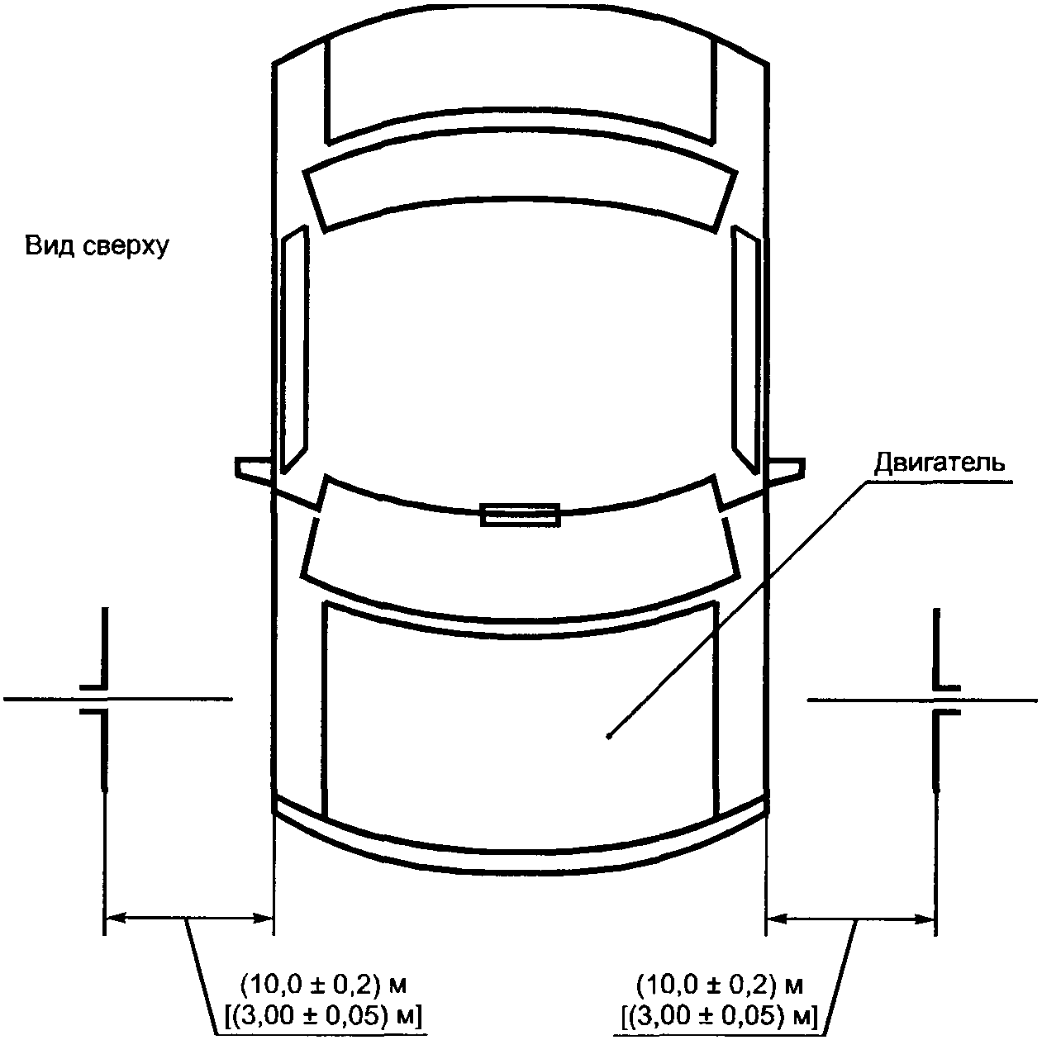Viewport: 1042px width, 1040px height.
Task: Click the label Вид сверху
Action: [98, 247]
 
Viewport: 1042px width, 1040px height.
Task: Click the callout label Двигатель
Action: [940, 463]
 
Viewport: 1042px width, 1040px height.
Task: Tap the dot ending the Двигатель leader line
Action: [609, 736]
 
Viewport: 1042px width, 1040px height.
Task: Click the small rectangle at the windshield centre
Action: [521, 515]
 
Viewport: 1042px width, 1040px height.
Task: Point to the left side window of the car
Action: [295, 349]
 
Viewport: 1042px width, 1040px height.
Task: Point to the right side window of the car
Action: [746, 349]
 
